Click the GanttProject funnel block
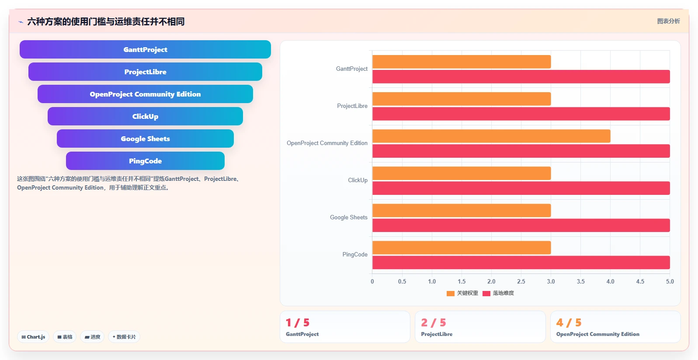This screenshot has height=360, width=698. tap(145, 49)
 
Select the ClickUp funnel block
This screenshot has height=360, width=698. tap(145, 116)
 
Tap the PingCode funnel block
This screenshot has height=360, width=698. tap(145, 161)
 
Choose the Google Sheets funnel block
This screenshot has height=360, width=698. tap(145, 138)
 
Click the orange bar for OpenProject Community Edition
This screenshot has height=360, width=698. tap(491, 136)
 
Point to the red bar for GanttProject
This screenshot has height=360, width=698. tap(521, 76)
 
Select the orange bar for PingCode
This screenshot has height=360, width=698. tap(462, 248)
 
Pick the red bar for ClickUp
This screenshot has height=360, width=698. tap(521, 188)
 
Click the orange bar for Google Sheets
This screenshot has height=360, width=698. tap(462, 211)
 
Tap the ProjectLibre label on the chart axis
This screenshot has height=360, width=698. tap(352, 106)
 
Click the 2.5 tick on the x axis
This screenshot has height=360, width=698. tap(521, 281)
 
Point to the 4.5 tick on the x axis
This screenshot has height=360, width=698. tap(640, 281)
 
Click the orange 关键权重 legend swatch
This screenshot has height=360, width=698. tap(450, 293)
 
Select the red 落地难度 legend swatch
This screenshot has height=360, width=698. tap(486, 293)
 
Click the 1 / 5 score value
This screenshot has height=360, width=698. tap(298, 322)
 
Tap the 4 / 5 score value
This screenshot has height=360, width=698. tap(569, 322)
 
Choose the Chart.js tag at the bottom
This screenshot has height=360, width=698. tap(33, 337)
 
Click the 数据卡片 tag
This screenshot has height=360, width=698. tap(124, 337)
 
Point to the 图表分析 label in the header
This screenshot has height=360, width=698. tap(668, 21)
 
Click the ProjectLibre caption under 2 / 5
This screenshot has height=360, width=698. tap(437, 334)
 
